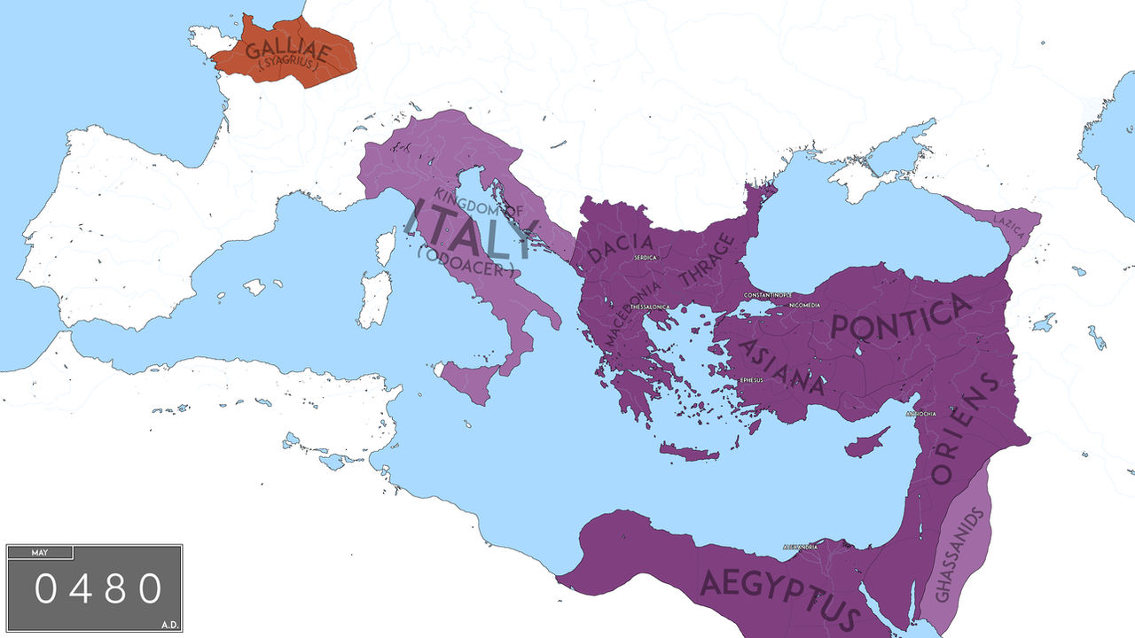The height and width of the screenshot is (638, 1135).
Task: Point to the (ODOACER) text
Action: [465, 263]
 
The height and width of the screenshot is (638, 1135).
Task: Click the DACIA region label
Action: [621, 245]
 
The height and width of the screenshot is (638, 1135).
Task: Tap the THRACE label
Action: [707, 261]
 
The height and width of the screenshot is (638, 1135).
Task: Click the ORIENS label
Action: [965, 427]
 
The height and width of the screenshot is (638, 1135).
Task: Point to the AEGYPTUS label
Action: [780, 596]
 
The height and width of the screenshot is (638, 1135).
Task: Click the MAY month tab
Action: [40, 553]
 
